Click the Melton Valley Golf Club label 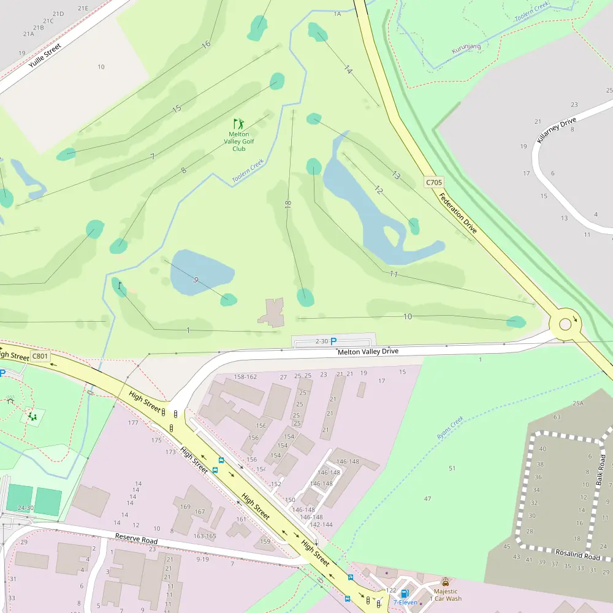pyautogui.click(x=238, y=141)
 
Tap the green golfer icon pyautogui.click(x=238, y=124)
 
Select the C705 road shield pyautogui.click(x=433, y=182)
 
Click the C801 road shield pyautogui.click(x=40, y=356)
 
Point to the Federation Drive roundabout pyautogui.click(x=565, y=324)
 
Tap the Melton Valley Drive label pyautogui.click(x=368, y=351)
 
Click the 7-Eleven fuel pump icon pyautogui.click(x=405, y=593)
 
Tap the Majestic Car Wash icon pyautogui.click(x=445, y=582)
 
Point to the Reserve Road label pyautogui.click(x=136, y=540)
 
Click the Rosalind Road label pyautogui.click(x=577, y=555)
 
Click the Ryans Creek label pyautogui.click(x=451, y=428)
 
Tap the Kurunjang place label pyautogui.click(x=466, y=47)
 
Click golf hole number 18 pyautogui.click(x=288, y=204)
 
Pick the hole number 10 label pyautogui.click(x=408, y=316)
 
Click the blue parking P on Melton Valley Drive pyautogui.click(x=333, y=341)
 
